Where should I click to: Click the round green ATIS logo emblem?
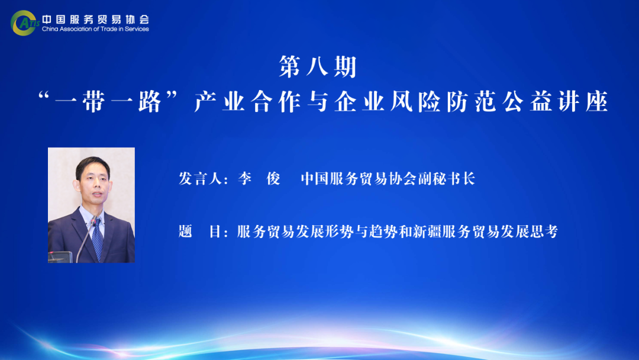(x=24, y=23)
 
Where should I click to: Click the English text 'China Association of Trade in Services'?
(x=95, y=29)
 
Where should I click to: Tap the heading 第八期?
(x=318, y=67)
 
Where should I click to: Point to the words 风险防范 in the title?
(x=443, y=101)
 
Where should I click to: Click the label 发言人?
(x=200, y=179)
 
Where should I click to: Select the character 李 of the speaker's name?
(x=245, y=179)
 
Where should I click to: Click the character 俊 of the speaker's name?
(x=273, y=179)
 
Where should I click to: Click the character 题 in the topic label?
(x=185, y=232)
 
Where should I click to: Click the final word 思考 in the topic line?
(x=544, y=232)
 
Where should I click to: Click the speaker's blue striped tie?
(x=97, y=239)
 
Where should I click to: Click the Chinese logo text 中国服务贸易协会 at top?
(x=95, y=19)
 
